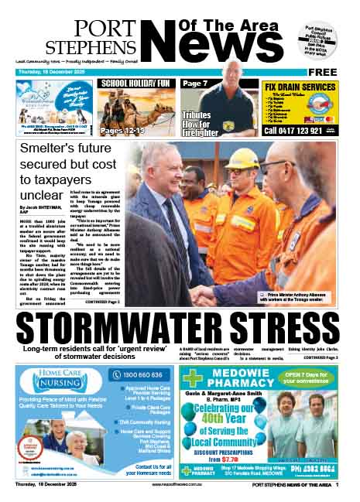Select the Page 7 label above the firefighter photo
195,83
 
